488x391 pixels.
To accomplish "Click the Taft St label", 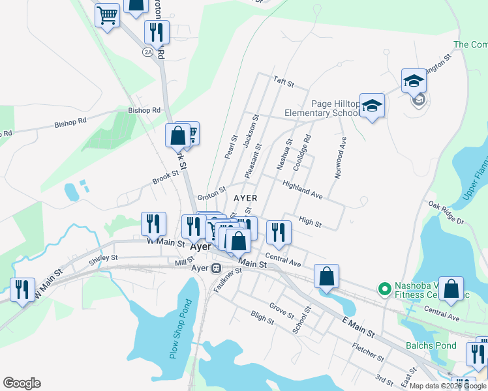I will (x=284, y=84).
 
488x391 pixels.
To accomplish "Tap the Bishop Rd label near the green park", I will (x=144, y=110).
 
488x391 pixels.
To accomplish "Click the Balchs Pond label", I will (x=431, y=345).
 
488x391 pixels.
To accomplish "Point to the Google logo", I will (x=22, y=383).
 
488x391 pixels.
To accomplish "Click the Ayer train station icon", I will (x=216, y=268).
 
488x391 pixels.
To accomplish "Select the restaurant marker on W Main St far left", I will (x=23, y=289).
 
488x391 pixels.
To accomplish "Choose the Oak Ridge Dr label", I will (x=446, y=213).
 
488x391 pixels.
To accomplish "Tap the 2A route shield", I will (x=148, y=51).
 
